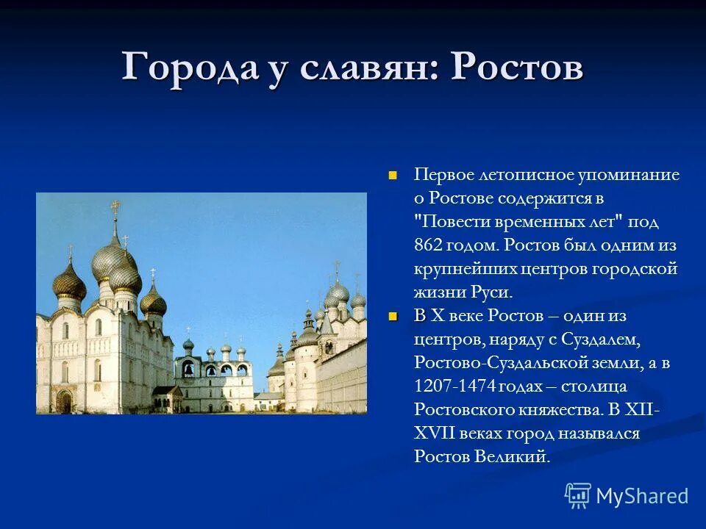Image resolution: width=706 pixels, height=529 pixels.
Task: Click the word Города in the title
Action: click(x=189, y=67)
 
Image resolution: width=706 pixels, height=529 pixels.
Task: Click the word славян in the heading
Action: click(x=365, y=67)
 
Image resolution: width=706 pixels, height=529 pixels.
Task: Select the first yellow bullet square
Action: click(x=393, y=175)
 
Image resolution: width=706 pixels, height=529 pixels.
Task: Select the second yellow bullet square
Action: click(x=393, y=316)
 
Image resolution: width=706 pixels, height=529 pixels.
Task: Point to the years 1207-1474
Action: click(x=457, y=386)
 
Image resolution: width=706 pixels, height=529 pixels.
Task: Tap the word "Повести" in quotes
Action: click(x=460, y=222)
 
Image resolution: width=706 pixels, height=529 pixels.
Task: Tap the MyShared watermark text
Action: click(x=641, y=496)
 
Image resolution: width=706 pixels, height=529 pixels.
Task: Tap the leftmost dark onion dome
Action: click(x=70, y=283)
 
